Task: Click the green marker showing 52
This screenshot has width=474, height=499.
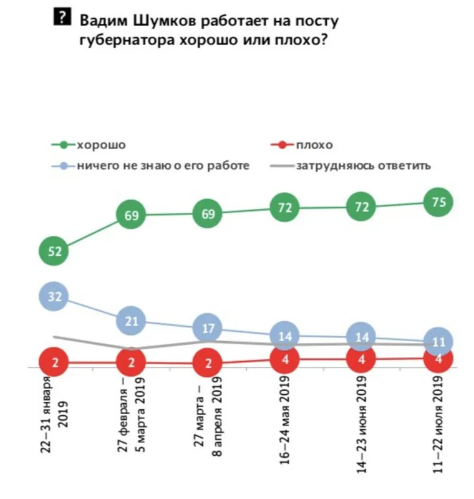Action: coord(54,251)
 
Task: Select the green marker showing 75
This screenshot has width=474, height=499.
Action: coord(438,201)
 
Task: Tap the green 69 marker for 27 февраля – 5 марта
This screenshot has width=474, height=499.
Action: coord(131,216)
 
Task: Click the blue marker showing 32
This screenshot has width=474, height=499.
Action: coord(54,296)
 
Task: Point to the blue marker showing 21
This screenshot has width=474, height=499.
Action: coord(131,321)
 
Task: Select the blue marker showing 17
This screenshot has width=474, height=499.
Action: coord(208,327)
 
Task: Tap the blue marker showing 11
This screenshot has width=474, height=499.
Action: coord(438,342)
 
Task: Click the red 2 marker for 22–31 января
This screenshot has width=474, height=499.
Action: coord(54,362)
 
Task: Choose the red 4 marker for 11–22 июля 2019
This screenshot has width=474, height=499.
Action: coord(438,358)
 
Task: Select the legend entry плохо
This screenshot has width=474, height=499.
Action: coord(314,145)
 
